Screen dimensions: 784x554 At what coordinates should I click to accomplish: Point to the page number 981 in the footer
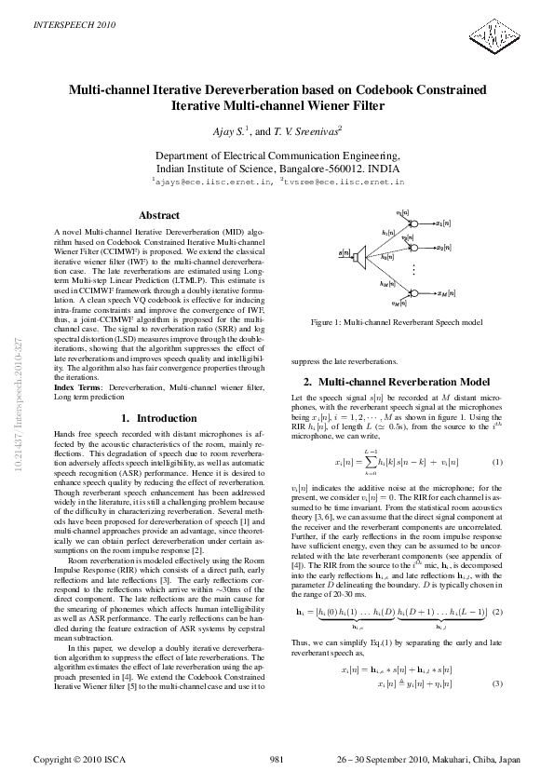click(x=277, y=760)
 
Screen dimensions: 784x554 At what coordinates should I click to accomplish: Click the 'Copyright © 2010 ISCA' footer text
click(x=79, y=760)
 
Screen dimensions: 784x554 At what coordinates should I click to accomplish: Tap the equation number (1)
click(x=497, y=462)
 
